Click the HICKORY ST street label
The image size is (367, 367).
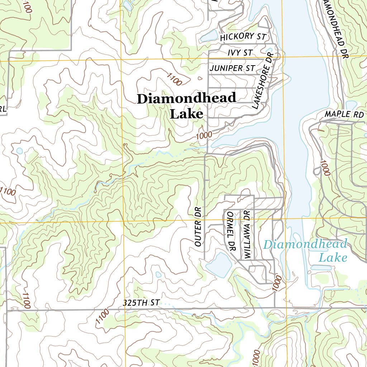coord(243,37)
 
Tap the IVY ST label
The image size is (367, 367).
coord(240,53)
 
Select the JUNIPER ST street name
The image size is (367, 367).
coord(233,68)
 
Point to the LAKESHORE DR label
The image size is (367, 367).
coord(263,81)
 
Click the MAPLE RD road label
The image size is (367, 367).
coord(344,114)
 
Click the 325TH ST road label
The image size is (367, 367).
coord(141,303)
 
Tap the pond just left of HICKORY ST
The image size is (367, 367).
coord(209,36)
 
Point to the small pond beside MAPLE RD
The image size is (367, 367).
coord(351,105)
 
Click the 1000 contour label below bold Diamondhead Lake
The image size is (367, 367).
coord(204,135)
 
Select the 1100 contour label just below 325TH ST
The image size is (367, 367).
coord(102,317)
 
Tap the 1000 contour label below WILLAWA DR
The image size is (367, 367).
coord(278,283)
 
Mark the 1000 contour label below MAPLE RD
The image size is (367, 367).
coord(325,168)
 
